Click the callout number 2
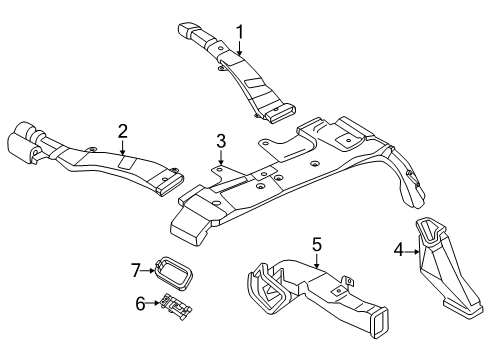[x=122, y=130]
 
